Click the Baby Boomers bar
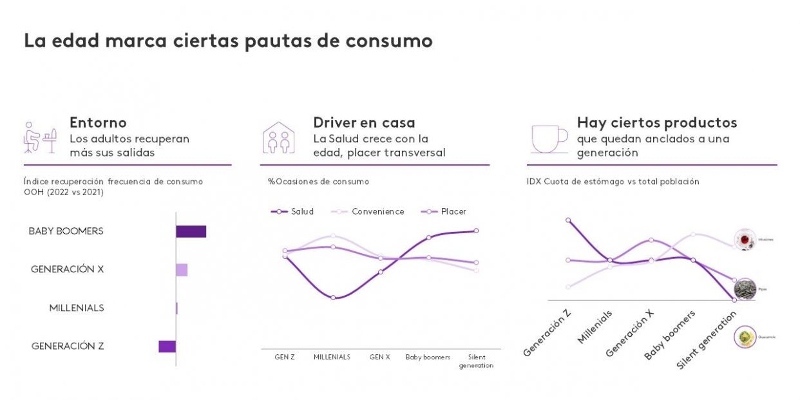click(x=191, y=231)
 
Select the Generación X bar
click(x=182, y=270)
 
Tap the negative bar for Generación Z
click(x=167, y=347)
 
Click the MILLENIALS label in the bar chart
click(x=77, y=308)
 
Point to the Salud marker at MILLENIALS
click(x=332, y=298)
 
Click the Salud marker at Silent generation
click(x=476, y=231)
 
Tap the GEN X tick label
click(x=379, y=357)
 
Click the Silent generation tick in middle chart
click(x=476, y=361)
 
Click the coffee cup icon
click(x=549, y=137)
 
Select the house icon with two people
click(x=278, y=138)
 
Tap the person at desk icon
click(x=39, y=137)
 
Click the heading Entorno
click(x=98, y=122)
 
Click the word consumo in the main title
click(x=388, y=41)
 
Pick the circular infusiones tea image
click(x=745, y=239)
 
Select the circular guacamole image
click(x=745, y=336)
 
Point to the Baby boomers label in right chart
click(x=670, y=335)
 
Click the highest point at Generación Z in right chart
click(x=568, y=220)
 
